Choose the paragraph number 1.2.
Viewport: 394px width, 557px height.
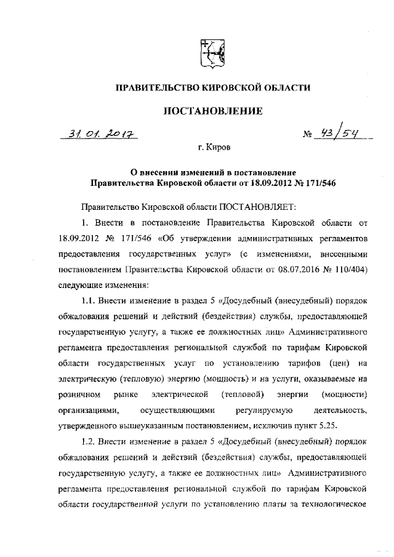[x=90, y=442]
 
